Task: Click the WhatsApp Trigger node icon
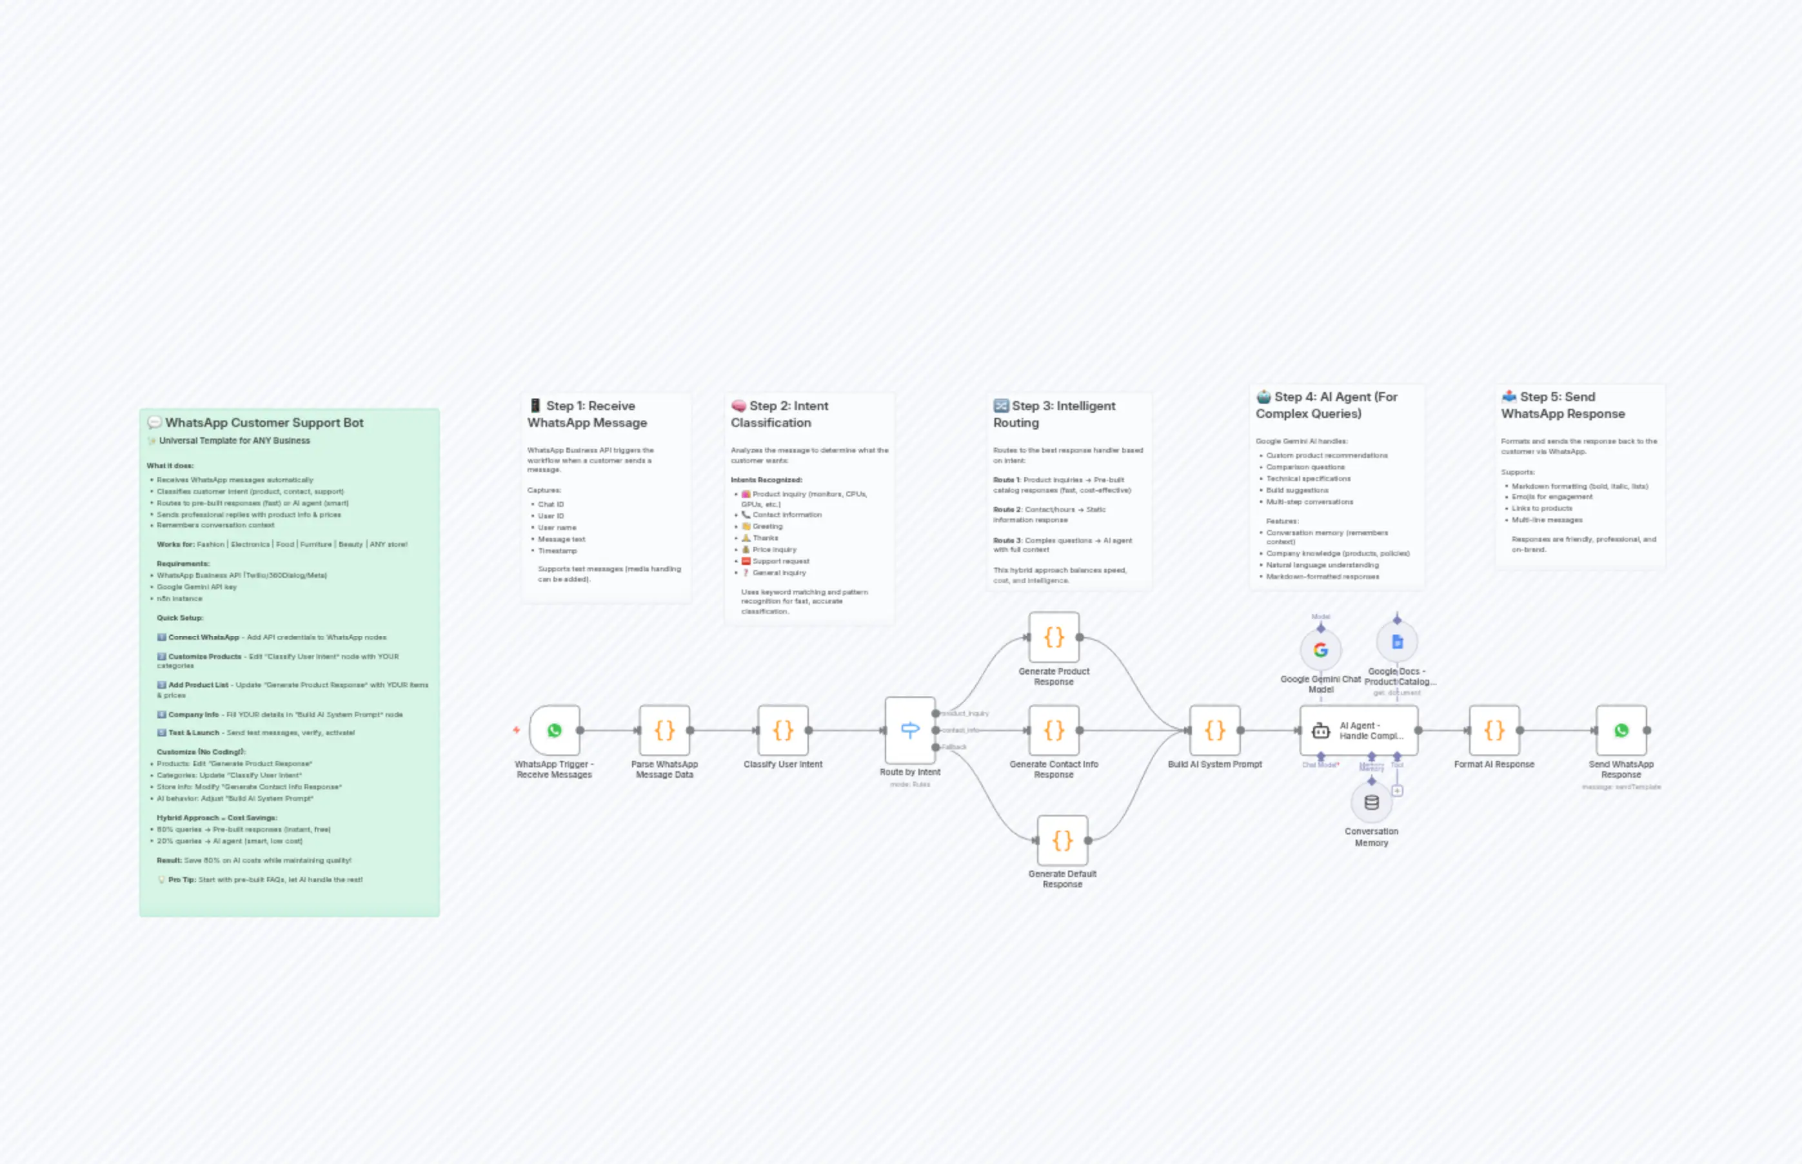(x=555, y=730)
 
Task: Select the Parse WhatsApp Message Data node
(x=664, y=730)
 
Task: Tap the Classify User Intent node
(x=783, y=730)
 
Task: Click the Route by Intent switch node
(x=910, y=730)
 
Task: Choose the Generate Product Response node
(x=1054, y=637)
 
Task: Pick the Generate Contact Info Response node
(x=1054, y=730)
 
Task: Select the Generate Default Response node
(x=1062, y=840)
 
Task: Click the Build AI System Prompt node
(x=1214, y=730)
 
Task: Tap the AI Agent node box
(x=1358, y=730)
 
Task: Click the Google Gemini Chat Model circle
(x=1320, y=650)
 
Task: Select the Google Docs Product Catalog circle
(x=1397, y=642)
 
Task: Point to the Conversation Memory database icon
(x=1371, y=803)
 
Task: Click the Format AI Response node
(x=1494, y=730)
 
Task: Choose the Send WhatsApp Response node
(x=1621, y=730)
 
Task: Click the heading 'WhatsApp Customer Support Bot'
(x=264, y=422)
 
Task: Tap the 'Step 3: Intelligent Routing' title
(x=1054, y=414)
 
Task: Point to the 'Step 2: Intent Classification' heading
(x=779, y=414)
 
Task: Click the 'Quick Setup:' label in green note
(x=180, y=618)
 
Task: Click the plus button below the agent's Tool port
(x=1398, y=791)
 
